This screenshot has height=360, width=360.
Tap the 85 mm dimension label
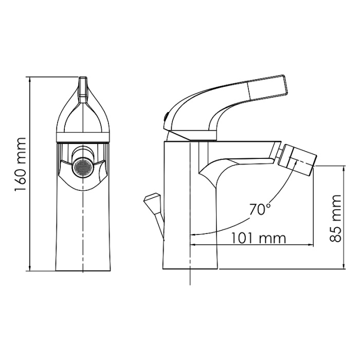[335, 218]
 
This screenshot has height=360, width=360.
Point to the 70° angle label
[260, 209]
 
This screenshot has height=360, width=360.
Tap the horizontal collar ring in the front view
[83, 137]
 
